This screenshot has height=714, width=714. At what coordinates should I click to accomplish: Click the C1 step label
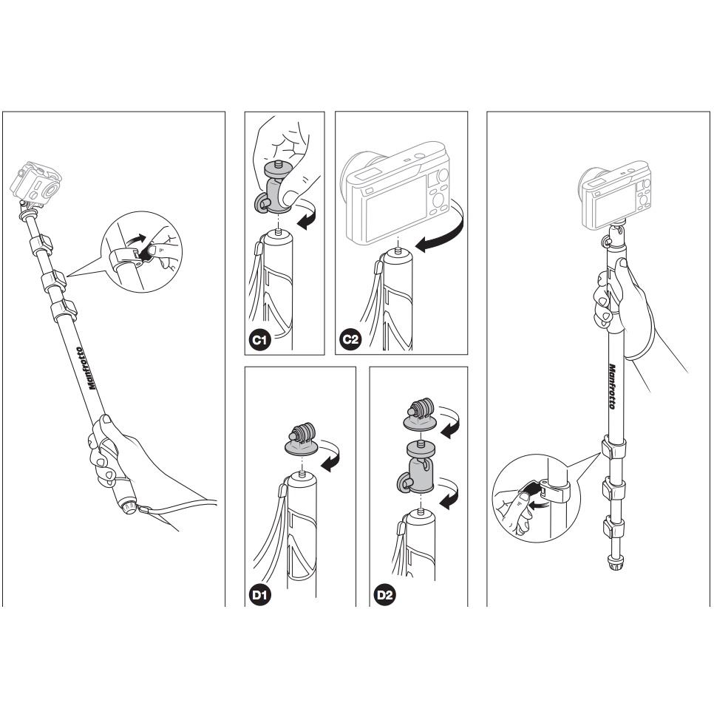[x=259, y=340]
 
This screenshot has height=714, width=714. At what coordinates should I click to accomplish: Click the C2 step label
[x=350, y=340]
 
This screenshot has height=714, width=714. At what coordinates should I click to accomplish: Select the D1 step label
[x=259, y=595]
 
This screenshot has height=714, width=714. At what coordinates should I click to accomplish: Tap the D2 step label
[x=385, y=595]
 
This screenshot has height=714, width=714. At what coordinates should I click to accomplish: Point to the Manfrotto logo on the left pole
[x=86, y=368]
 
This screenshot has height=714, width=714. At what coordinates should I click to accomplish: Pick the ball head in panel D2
[x=418, y=466]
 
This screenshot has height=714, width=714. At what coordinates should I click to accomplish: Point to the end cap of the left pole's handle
[x=129, y=506]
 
